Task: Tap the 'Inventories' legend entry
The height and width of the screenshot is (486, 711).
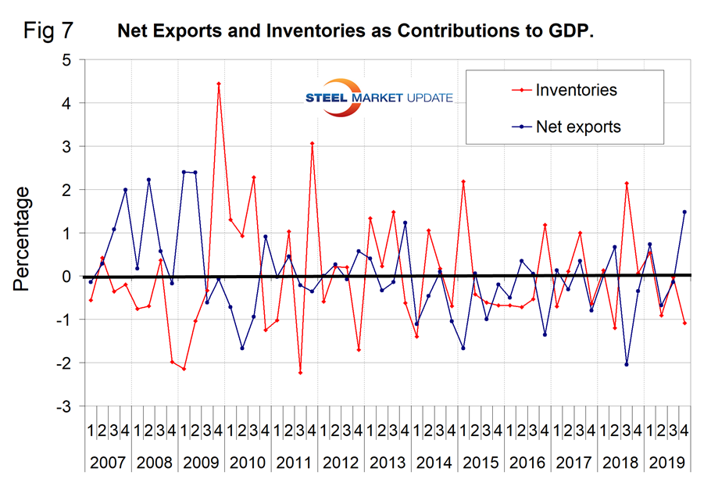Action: point(576,90)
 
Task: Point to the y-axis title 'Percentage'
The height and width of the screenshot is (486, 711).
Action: point(21,238)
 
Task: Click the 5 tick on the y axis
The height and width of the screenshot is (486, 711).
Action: point(67,59)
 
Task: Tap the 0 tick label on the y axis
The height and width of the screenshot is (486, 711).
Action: point(67,277)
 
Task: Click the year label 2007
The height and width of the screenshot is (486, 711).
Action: point(109,462)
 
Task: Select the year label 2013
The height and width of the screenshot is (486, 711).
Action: point(386,462)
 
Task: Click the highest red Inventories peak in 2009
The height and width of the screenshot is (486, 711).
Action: point(219,83)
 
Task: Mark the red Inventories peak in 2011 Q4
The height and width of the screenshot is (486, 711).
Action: point(312,143)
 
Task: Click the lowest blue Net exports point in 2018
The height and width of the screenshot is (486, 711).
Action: point(627,364)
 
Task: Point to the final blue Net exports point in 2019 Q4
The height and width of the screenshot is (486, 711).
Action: point(684,212)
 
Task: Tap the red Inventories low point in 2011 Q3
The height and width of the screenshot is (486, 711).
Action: point(300,373)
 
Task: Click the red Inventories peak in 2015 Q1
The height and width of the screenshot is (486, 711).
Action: point(463,181)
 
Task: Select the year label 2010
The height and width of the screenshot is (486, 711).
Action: point(247,462)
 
